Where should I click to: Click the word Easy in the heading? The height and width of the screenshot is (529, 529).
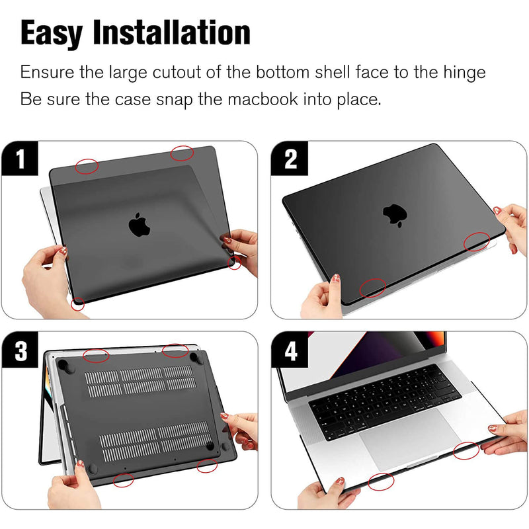pyautogui.click(x=52, y=34)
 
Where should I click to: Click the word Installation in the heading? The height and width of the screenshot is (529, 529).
pyautogui.click(x=172, y=32)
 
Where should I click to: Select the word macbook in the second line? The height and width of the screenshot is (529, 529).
pyautogui.click(x=263, y=99)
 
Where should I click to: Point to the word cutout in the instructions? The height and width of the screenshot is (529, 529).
pyautogui.click(x=177, y=73)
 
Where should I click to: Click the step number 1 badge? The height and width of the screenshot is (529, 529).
pyautogui.click(x=20, y=158)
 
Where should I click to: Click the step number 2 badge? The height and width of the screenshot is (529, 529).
pyautogui.click(x=290, y=158)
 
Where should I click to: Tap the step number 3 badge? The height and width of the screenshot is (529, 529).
pyautogui.click(x=20, y=350)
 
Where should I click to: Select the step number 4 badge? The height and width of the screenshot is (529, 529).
pyautogui.click(x=290, y=350)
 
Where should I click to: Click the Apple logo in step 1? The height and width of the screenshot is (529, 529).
pyautogui.click(x=139, y=224)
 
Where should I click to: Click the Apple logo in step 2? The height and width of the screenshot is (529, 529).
pyautogui.click(x=395, y=215)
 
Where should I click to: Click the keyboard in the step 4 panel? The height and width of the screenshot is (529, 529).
pyautogui.click(x=385, y=401)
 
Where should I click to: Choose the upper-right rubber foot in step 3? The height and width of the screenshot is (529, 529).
pyautogui.click(x=196, y=358)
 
